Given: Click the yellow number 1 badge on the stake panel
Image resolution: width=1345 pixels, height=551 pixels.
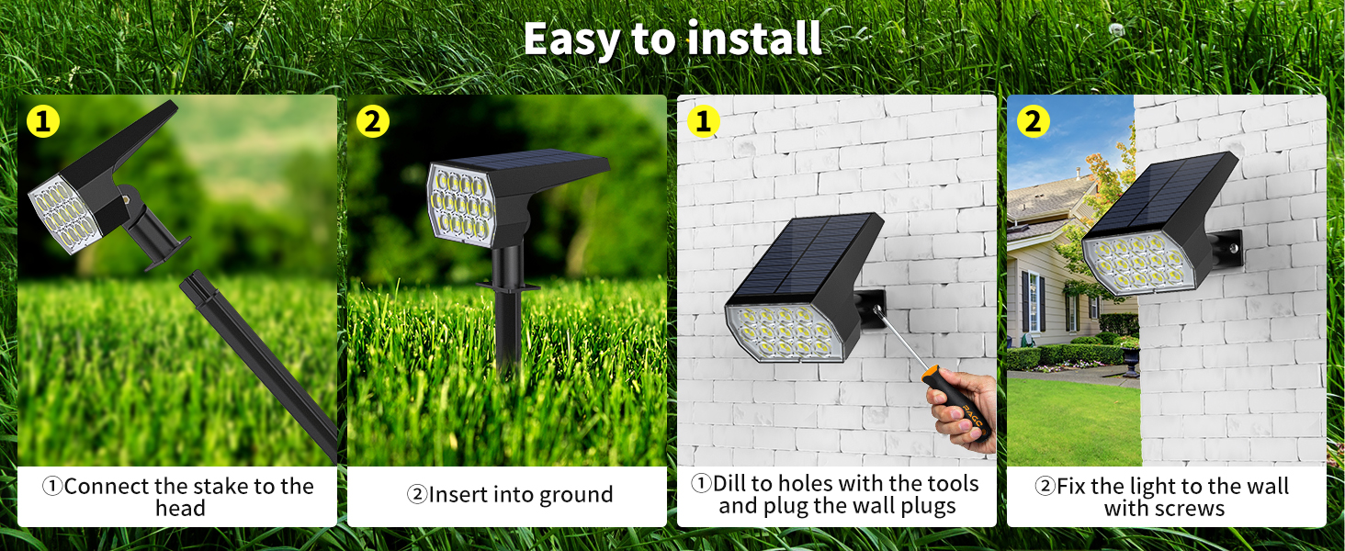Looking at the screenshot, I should point(42,121).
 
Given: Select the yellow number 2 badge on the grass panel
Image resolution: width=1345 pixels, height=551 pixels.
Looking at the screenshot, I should point(372,121).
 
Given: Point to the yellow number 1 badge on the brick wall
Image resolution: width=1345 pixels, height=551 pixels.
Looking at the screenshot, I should point(703,121).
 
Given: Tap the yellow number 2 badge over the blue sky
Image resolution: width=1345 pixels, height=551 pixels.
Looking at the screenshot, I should point(1033,121).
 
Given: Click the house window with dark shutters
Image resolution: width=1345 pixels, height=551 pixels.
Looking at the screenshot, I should point(1034,303).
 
